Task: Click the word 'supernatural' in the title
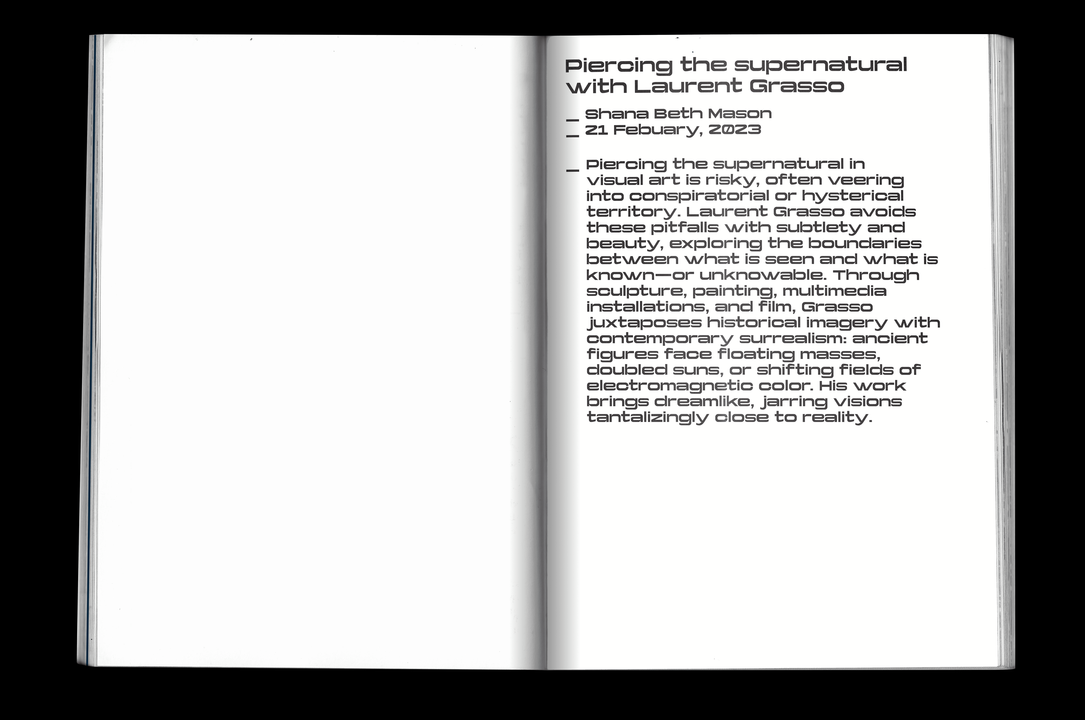point(820,66)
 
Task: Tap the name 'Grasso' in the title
point(796,87)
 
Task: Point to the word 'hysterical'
point(853,196)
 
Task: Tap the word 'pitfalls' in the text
point(684,228)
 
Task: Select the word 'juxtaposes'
point(645,323)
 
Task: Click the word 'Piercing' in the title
point(618,66)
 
